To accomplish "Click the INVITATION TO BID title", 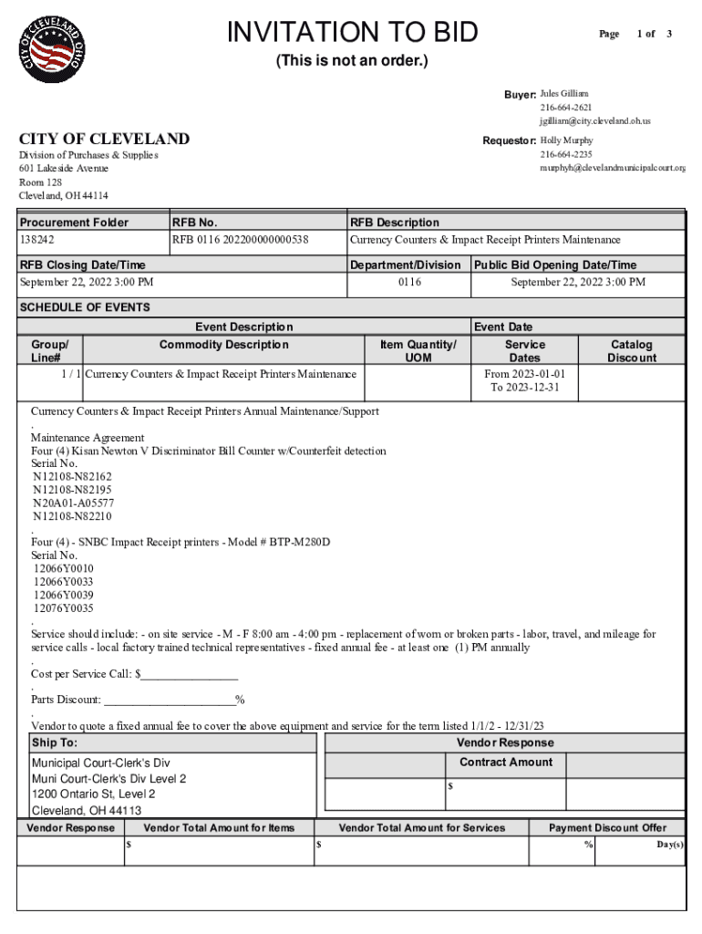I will [x=352, y=33].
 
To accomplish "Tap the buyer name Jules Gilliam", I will [x=564, y=94].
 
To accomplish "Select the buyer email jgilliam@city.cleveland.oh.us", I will [x=594, y=120].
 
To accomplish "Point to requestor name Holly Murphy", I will [x=566, y=140].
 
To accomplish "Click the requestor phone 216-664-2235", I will [x=565, y=154].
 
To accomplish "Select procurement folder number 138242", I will [x=37, y=240].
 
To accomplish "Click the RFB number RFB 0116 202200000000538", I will [x=240, y=240].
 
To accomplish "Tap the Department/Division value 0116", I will [x=409, y=283].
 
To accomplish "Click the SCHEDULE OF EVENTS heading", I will [x=85, y=307].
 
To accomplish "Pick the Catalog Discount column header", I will [x=631, y=351].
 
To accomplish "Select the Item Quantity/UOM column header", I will [x=418, y=351].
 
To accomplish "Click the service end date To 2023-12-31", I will [x=524, y=387].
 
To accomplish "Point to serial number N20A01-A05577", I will [x=73, y=503].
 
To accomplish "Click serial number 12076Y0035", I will [x=63, y=608].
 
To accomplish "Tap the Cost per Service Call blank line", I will [x=187, y=675].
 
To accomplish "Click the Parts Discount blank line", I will [x=170, y=700].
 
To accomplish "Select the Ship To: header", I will [x=55, y=742].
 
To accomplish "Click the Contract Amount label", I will [x=505, y=763].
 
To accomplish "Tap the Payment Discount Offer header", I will [x=606, y=828].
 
